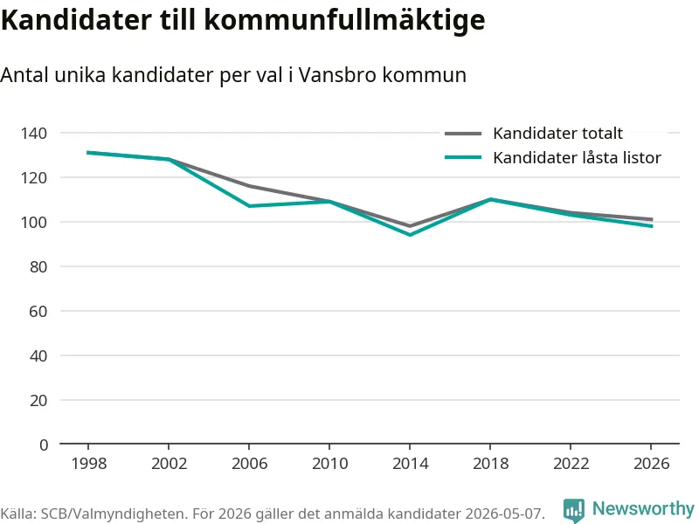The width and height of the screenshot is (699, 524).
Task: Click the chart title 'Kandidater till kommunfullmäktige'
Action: (243, 20)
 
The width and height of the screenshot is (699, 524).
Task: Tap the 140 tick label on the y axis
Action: (33, 134)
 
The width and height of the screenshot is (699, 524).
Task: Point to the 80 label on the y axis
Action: (38, 267)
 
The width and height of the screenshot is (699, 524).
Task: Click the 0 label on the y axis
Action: (43, 445)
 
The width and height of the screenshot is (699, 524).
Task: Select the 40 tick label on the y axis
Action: (38, 356)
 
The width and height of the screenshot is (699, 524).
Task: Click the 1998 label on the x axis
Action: (89, 464)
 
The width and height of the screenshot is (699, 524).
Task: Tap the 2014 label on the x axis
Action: (410, 464)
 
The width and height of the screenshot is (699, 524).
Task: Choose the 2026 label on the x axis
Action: (651, 464)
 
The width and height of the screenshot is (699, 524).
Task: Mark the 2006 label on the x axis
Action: (249, 464)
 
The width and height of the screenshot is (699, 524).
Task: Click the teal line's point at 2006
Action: (249, 206)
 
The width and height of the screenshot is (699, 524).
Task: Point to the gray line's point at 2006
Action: (249, 186)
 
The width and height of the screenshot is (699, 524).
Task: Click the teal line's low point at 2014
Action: (410, 234)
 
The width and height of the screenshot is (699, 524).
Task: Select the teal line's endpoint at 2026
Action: (652, 226)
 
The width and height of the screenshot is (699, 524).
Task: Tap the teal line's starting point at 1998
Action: (88, 152)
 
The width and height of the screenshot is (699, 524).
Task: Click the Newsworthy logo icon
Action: (574, 510)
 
